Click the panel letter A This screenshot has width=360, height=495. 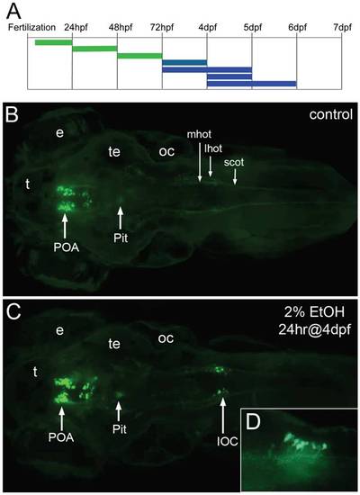13,11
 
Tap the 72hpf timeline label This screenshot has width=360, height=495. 162,28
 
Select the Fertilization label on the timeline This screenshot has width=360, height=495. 31,28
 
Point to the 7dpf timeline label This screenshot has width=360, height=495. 342,28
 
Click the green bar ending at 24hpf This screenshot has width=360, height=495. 54,42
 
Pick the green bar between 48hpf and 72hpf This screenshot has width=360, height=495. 139,56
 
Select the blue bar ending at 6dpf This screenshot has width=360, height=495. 252,84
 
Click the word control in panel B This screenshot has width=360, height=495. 330,114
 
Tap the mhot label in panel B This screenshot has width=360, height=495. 199,134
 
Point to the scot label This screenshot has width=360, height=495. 234,162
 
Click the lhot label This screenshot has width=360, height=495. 213,148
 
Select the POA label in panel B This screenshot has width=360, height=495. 67,247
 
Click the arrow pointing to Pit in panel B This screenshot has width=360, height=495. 121,218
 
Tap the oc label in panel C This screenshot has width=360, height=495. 166,338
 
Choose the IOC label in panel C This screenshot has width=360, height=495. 228,441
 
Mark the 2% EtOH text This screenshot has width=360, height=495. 314,312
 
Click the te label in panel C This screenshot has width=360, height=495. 114,344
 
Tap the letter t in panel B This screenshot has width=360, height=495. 28,184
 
